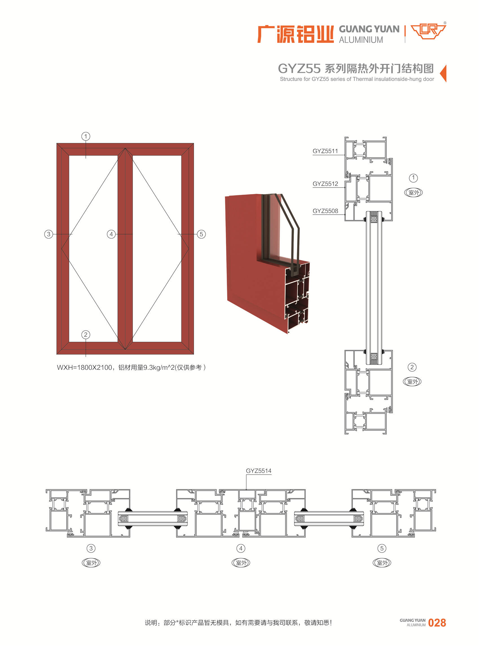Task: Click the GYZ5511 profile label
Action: tap(325, 151)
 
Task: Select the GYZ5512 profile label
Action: tap(325, 184)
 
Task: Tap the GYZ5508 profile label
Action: tap(325, 211)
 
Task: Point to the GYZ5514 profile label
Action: tap(259, 471)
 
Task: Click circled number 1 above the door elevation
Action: tap(86, 136)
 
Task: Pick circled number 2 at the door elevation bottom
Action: tap(86, 335)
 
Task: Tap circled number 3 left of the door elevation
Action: tap(49, 234)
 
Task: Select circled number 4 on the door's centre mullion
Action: tap(111, 234)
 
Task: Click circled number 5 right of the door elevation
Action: tap(201, 234)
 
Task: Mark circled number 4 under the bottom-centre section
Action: tap(241, 548)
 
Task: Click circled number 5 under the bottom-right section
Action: tap(382, 548)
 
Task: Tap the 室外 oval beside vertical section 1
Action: tap(413, 192)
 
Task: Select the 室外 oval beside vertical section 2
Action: tap(412, 382)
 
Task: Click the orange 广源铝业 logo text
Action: tap(296, 34)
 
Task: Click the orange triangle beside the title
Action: tap(444, 74)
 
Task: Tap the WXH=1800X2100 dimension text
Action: tap(84, 367)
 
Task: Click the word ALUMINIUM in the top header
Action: tap(361, 40)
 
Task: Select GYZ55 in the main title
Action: tap(299, 69)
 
